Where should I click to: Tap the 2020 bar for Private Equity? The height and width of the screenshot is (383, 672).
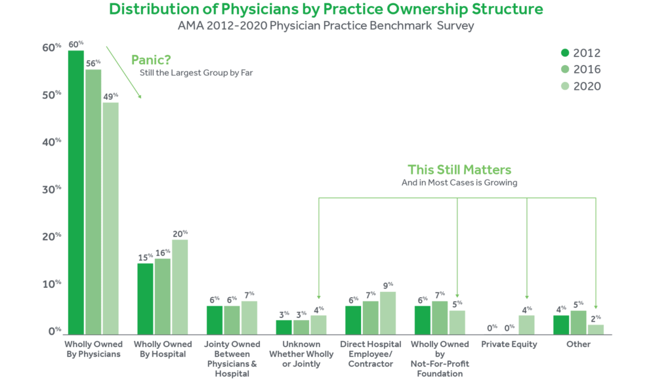click(526, 324)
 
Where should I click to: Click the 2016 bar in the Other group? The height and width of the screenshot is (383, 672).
click(578, 322)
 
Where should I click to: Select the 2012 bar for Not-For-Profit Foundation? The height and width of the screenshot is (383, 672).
click(423, 319)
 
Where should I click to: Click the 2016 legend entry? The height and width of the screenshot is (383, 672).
click(581, 70)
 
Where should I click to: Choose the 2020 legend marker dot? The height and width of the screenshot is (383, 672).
click(564, 86)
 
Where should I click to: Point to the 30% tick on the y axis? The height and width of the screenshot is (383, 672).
click(52, 189)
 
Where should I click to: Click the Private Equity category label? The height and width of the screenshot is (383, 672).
click(509, 344)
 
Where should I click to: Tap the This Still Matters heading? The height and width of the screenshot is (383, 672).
click(459, 169)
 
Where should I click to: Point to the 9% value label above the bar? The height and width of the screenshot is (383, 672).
click(388, 285)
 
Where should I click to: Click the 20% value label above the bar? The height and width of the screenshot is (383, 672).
click(180, 233)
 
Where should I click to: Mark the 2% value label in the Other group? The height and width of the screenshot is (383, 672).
click(596, 318)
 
